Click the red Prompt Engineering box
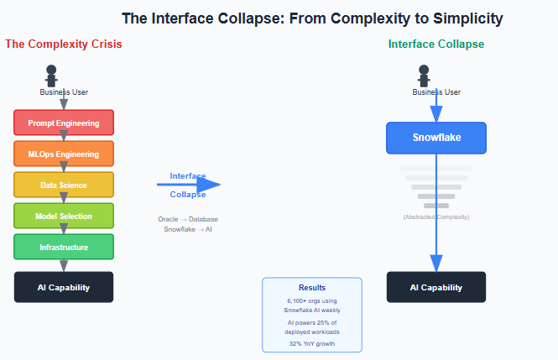64,123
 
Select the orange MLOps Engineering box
64,154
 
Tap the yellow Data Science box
64,185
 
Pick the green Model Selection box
64,217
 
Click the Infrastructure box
64,248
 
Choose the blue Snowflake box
436,138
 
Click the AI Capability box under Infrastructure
64,287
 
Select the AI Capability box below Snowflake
436,287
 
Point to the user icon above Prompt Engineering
51,76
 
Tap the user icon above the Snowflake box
424,76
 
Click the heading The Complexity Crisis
64,44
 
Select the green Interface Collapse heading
435,44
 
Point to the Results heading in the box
312,288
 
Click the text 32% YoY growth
312,343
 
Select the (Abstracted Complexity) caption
436,217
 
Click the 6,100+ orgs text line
312,301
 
